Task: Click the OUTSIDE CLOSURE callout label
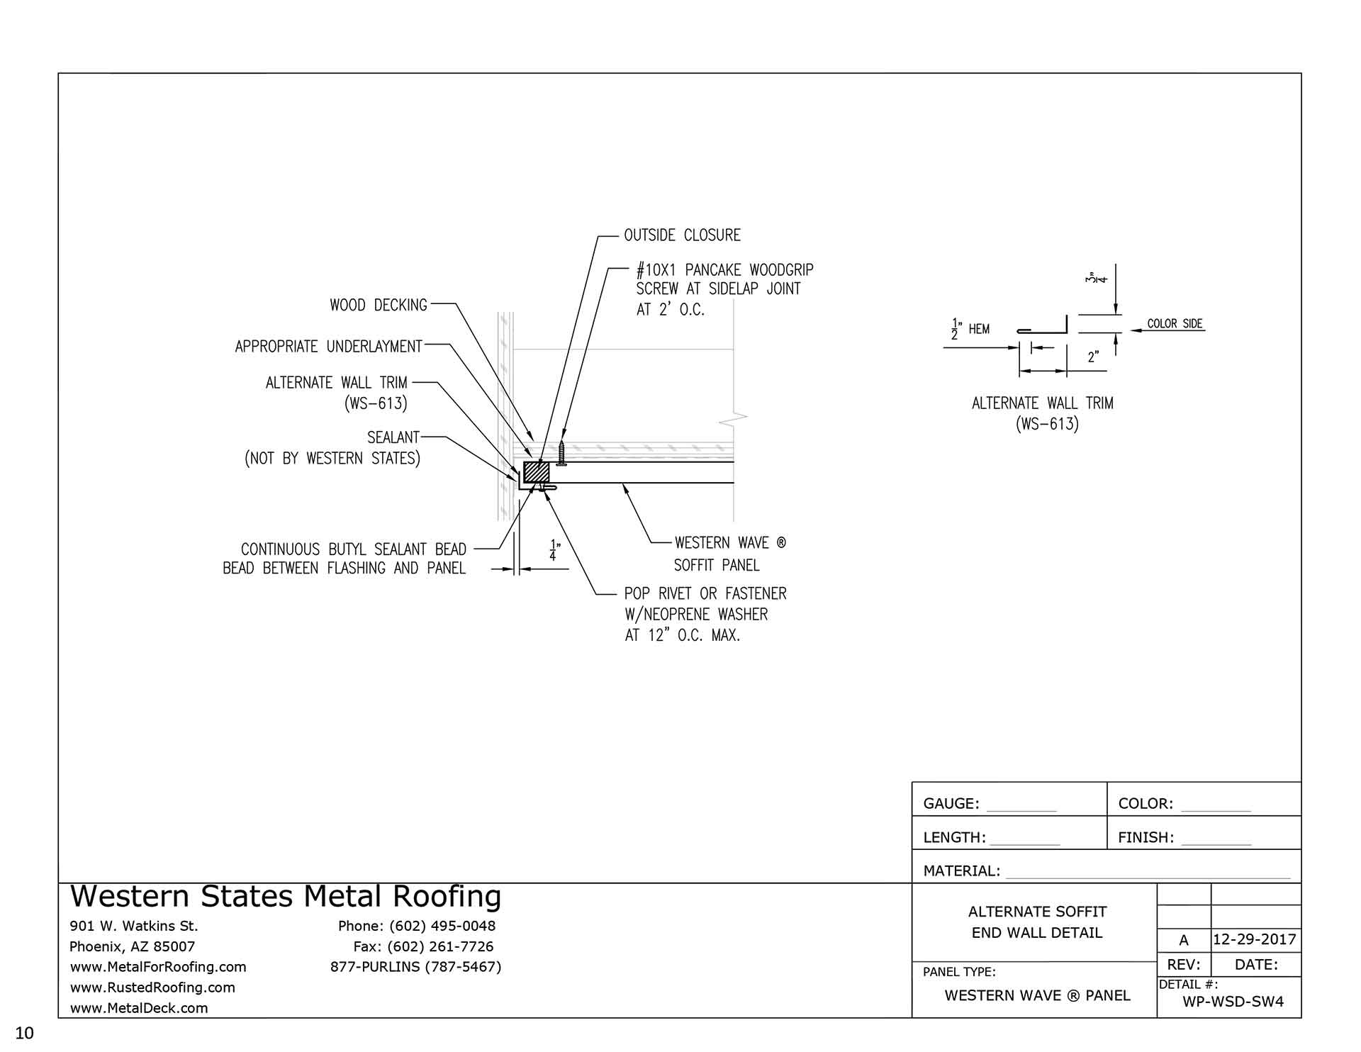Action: pyautogui.click(x=681, y=235)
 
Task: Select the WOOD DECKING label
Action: pyautogui.click(x=378, y=306)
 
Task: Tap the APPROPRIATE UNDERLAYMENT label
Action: pyautogui.click(x=328, y=347)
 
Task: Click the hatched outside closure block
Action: pyautogui.click(x=536, y=472)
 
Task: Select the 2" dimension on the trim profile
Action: pyautogui.click(x=1093, y=357)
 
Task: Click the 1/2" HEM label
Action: pyautogui.click(x=970, y=330)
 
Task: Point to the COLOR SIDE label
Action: pyautogui.click(x=1175, y=324)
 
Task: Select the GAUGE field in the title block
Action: pyautogui.click(x=989, y=804)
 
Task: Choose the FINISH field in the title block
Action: pyautogui.click(x=1184, y=838)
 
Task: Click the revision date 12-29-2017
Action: pyautogui.click(x=1254, y=940)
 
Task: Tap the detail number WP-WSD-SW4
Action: pyautogui.click(x=1233, y=1002)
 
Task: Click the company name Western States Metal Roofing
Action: pyautogui.click(x=286, y=897)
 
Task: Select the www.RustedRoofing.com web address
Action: pyautogui.click(x=152, y=987)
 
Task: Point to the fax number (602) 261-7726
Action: pyautogui.click(x=423, y=946)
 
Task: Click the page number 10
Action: pyautogui.click(x=24, y=1034)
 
